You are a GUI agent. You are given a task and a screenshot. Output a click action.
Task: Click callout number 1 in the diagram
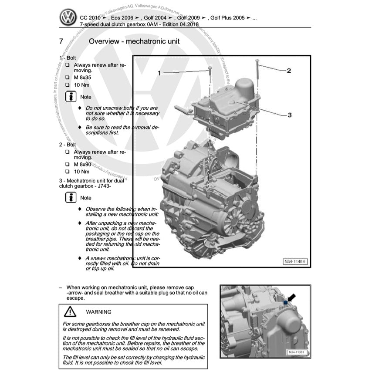[159, 73]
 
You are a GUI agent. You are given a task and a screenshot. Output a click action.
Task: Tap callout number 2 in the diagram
[288, 70]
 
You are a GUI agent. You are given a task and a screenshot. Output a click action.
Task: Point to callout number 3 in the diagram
[289, 115]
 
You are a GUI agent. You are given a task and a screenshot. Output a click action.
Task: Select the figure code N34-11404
[295, 262]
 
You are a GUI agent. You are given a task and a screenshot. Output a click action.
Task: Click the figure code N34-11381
[296, 352]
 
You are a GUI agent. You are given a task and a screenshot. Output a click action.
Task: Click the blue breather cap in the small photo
[286, 302]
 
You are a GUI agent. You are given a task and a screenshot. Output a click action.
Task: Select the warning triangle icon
[70, 312]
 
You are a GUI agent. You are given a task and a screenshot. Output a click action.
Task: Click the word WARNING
[98, 312]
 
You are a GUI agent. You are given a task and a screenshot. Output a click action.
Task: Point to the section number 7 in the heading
[61, 42]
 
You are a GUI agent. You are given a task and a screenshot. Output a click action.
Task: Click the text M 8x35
[82, 78]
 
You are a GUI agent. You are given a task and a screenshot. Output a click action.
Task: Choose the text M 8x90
[82, 164]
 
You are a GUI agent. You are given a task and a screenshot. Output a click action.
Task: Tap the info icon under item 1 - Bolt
[71, 97]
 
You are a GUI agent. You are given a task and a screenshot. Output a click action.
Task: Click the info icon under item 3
[71, 197]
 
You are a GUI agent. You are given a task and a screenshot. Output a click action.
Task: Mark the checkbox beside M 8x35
[68, 78]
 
